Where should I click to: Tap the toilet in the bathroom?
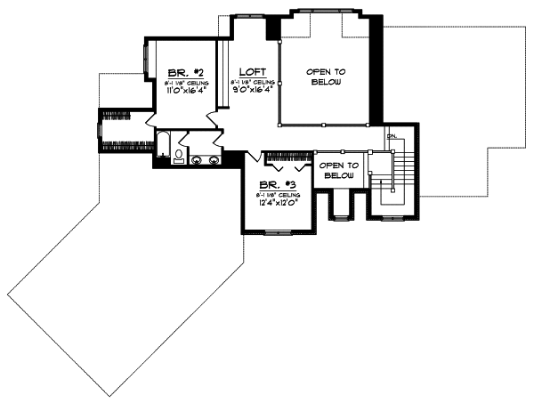[x=178, y=155]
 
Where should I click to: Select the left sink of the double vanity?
[x=198, y=160]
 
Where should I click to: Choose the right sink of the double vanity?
[x=214, y=160]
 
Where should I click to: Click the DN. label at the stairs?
[x=391, y=135]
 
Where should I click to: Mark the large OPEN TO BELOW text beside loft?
[x=326, y=76]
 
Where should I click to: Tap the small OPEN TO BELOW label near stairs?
[x=338, y=170]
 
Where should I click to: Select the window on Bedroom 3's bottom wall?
[x=278, y=230]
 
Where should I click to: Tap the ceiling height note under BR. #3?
[x=278, y=193]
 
